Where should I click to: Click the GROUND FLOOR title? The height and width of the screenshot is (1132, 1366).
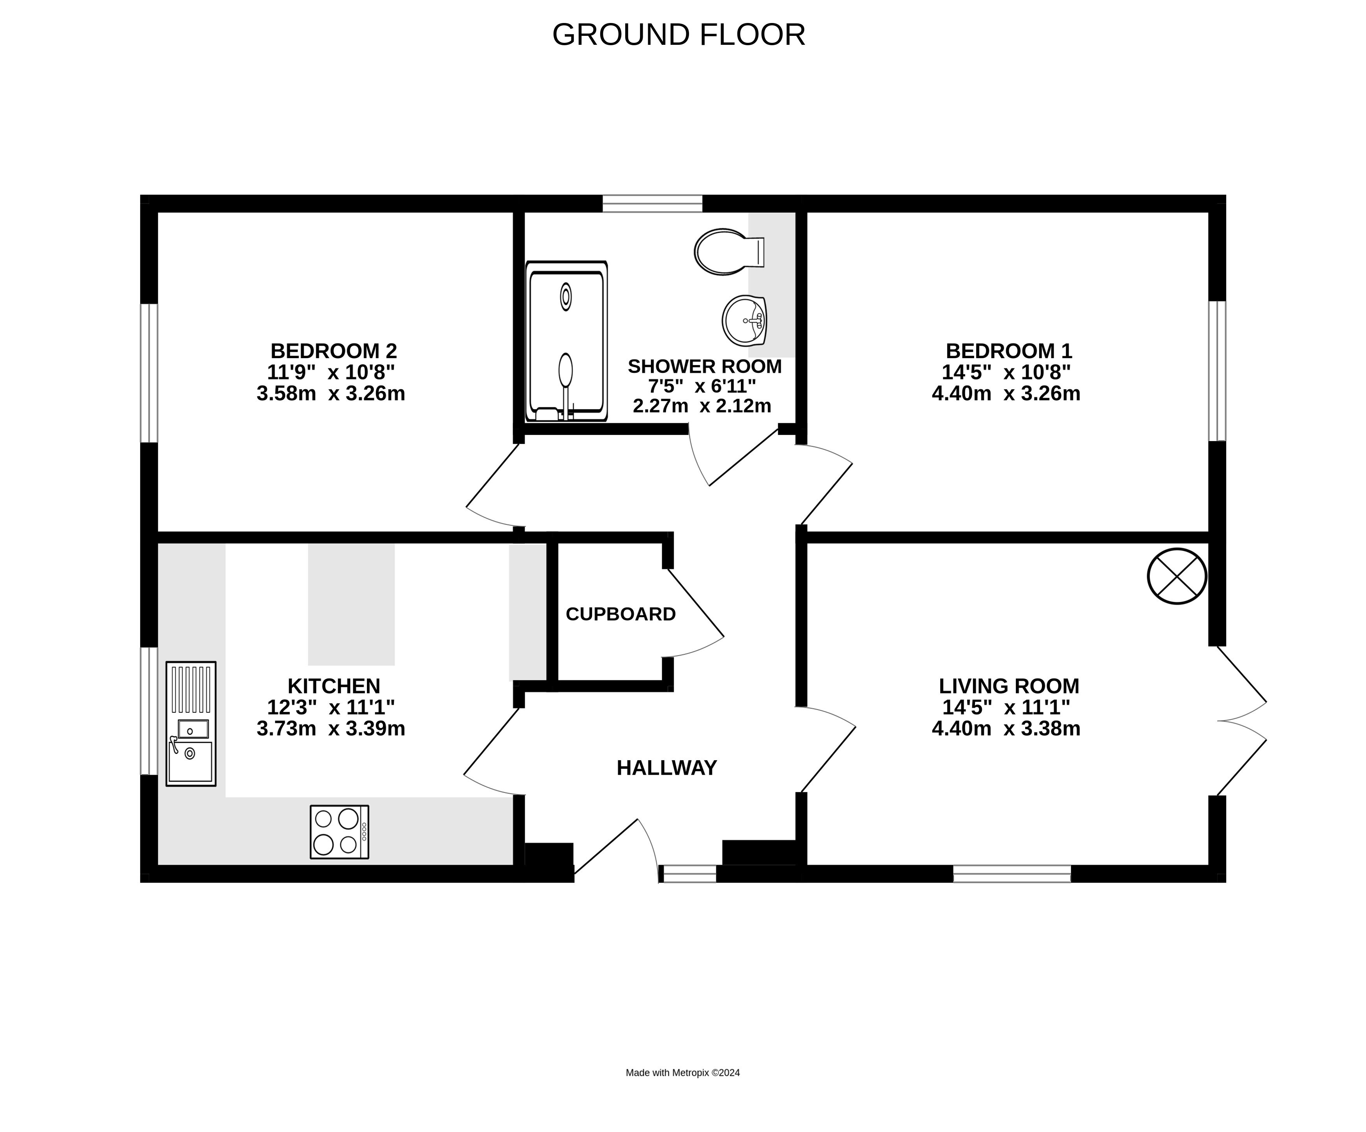point(679,34)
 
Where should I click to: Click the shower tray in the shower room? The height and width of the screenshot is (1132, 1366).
point(567,341)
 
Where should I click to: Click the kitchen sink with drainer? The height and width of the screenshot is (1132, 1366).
point(190,724)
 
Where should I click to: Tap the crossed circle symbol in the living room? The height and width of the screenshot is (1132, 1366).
point(1177,576)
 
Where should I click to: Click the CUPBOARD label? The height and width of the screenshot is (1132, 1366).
point(620,614)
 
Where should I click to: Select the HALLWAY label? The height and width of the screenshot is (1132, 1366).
point(667,768)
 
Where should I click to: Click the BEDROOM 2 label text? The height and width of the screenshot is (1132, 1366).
point(334,351)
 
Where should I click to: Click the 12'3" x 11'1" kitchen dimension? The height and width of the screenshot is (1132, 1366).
point(331,707)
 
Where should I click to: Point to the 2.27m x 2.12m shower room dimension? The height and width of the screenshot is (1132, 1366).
point(703,406)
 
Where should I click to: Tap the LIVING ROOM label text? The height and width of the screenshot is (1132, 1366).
point(1009,686)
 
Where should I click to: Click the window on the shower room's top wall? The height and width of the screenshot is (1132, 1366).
point(652,204)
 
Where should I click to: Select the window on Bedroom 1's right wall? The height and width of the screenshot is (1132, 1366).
point(1218,371)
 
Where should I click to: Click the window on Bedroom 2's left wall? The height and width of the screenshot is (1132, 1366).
point(149,373)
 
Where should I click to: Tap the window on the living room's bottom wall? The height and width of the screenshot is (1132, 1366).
point(1012,874)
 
